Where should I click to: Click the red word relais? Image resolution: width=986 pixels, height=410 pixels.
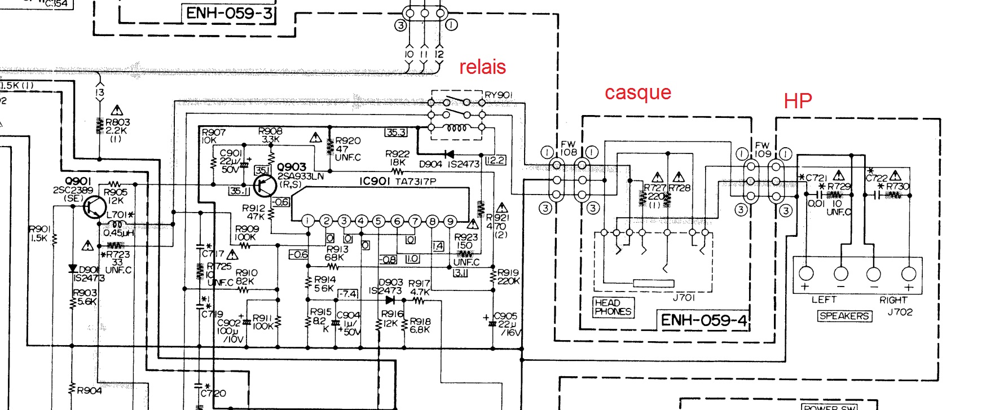pyautogui.click(x=482, y=67)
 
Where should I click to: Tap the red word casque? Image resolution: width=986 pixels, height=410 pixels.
pyautogui.click(x=637, y=92)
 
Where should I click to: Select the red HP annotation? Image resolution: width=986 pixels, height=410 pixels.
pyautogui.click(x=798, y=101)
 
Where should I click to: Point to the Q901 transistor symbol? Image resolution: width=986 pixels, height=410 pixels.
pyautogui.click(x=93, y=207)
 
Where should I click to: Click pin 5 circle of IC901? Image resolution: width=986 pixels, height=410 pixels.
pyautogui.click(x=378, y=221)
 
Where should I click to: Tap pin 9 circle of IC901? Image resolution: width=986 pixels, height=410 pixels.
pyautogui.click(x=450, y=221)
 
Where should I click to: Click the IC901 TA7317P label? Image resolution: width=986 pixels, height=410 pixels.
pyautogui.click(x=398, y=182)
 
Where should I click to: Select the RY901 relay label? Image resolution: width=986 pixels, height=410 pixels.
pyautogui.click(x=499, y=95)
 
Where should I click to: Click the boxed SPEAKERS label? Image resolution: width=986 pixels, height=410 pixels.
pyautogui.click(x=844, y=316)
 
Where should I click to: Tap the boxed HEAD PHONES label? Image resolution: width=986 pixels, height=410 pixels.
pyautogui.click(x=613, y=307)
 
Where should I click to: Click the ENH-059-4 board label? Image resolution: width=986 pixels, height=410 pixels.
pyautogui.click(x=703, y=320)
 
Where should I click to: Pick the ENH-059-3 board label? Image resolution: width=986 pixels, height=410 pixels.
pyautogui.click(x=228, y=13)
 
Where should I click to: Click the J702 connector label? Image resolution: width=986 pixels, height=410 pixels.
pyautogui.click(x=900, y=312)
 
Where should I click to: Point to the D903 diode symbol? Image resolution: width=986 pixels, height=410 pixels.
pyautogui.click(x=390, y=301)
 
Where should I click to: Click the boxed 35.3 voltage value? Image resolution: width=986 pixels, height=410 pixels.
pyautogui.click(x=395, y=132)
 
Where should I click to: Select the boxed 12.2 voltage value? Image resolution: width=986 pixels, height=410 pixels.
pyautogui.click(x=495, y=160)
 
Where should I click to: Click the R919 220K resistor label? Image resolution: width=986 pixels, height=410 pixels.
pyautogui.click(x=508, y=276)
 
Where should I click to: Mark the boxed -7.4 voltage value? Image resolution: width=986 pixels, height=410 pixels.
pyautogui.click(x=347, y=294)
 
